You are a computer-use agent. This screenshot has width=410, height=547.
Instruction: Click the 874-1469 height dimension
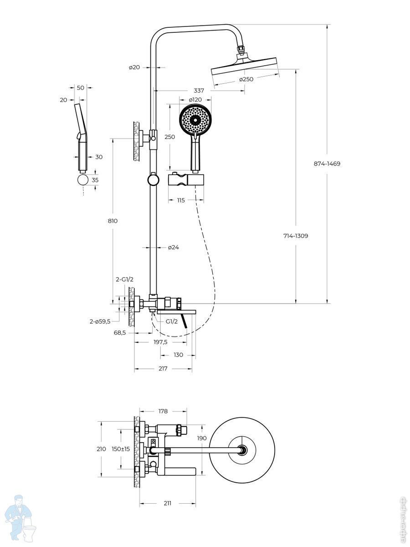tap(327, 164)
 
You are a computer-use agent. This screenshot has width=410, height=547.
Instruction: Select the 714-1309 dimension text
tap(296, 236)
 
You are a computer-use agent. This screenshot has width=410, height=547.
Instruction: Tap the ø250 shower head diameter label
tap(246, 79)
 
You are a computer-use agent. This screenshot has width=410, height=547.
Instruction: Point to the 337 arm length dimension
tap(199, 91)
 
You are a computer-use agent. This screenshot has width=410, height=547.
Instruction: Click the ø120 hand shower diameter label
tap(195, 100)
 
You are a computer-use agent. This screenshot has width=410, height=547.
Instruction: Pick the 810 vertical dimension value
tap(113, 221)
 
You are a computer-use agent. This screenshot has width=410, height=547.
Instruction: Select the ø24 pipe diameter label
tap(173, 248)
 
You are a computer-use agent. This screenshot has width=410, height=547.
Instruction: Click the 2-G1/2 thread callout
tap(124, 279)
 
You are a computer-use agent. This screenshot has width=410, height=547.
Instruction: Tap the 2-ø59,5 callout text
tap(100, 322)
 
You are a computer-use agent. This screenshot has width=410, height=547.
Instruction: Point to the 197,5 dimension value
tap(160, 342)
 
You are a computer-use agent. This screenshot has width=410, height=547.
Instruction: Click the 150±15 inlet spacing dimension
tap(121, 449)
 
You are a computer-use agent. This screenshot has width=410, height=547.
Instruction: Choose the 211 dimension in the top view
tap(168, 503)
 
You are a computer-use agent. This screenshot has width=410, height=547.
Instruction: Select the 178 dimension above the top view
tap(163, 411)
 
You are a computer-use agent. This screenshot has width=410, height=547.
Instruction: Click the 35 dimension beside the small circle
tap(95, 180)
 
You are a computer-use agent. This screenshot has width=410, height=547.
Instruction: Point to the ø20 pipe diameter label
tap(134, 67)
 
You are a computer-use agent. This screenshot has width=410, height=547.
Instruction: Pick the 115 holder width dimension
tap(181, 200)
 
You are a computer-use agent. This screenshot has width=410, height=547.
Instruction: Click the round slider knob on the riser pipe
tap(153, 180)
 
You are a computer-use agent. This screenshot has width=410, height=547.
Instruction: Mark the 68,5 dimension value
tap(120, 333)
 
